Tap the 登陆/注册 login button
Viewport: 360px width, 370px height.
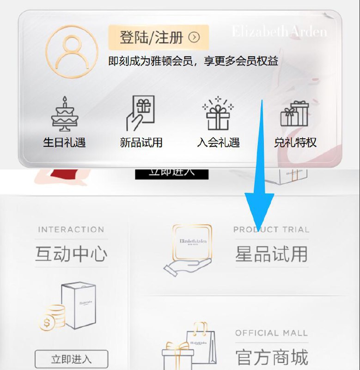tap(158, 37)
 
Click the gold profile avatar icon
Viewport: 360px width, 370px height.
tap(72, 51)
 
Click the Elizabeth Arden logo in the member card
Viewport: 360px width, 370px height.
tap(279, 32)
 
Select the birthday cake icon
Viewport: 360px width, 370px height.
tap(65, 114)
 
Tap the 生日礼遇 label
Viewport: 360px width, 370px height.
tap(65, 142)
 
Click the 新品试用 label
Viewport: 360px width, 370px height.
tap(141, 142)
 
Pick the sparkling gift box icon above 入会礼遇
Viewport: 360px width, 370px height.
tap(218, 114)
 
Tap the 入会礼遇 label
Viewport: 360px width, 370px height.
tap(218, 142)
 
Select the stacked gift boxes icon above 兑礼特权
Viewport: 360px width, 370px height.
tap(295, 114)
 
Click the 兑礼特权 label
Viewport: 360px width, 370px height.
tap(295, 142)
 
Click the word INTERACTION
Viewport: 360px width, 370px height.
tap(71, 229)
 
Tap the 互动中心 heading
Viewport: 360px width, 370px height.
tap(71, 253)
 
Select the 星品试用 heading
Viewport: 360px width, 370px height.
tap(271, 253)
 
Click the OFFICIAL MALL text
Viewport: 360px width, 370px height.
tap(271, 333)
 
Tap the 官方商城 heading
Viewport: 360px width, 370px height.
tap(271, 357)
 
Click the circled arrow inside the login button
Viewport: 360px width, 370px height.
tap(195, 37)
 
